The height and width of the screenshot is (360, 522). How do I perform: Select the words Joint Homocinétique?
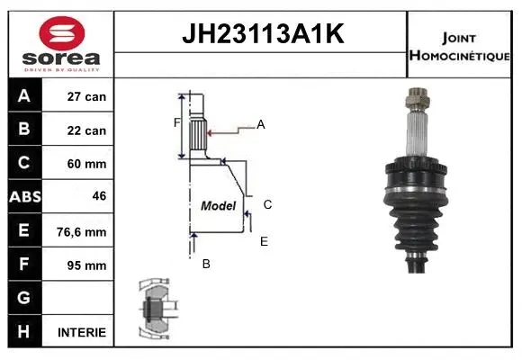click(461, 46)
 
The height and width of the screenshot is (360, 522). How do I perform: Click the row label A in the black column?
click(24, 96)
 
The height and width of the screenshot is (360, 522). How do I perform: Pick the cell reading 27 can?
click(87, 96)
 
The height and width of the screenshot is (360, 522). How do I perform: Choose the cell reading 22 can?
click(87, 130)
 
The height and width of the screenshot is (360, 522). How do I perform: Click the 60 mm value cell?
click(87, 164)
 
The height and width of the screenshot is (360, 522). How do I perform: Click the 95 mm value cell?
click(87, 265)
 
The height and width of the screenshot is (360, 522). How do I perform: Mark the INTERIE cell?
click(82, 332)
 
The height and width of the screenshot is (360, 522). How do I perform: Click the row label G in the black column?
click(24, 298)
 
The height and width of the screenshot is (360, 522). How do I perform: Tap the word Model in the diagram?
click(218, 206)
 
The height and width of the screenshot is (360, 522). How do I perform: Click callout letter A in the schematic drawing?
click(261, 125)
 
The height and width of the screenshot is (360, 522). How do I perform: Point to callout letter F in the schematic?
click(177, 122)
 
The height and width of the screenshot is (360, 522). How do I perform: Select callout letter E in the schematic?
click(264, 241)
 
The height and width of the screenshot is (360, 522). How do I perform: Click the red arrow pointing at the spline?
click(211, 132)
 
